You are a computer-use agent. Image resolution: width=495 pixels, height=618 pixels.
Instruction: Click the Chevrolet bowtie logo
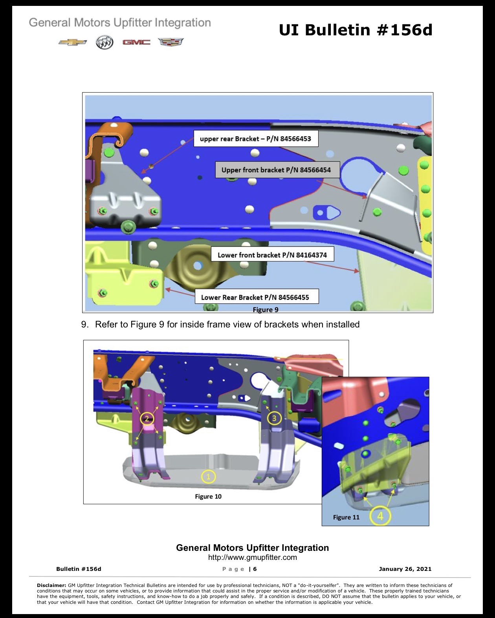click(72, 42)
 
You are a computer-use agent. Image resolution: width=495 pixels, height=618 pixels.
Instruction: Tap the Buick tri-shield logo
click(104, 42)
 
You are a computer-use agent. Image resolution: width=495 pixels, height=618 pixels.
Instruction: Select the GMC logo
click(136, 42)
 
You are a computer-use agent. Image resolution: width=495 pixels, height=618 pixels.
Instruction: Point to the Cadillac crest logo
click(171, 42)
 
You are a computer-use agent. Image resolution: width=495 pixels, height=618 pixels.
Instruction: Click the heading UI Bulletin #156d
click(356, 30)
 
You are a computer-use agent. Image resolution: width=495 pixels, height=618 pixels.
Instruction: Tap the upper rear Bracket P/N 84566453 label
click(256, 139)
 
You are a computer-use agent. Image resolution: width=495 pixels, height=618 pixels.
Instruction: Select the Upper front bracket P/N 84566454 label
click(277, 170)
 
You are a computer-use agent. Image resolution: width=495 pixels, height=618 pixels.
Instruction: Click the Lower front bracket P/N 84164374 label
click(273, 254)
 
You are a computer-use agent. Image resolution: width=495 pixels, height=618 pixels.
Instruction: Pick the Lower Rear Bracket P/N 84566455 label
click(257, 297)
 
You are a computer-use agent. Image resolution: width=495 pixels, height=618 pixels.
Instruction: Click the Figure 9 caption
click(266, 309)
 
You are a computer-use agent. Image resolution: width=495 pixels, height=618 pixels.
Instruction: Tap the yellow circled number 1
click(208, 477)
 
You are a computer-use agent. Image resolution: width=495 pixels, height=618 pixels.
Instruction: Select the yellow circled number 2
click(147, 419)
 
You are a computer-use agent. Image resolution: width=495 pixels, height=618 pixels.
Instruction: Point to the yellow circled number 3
click(274, 418)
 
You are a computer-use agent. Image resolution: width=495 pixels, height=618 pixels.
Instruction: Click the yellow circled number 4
click(380, 516)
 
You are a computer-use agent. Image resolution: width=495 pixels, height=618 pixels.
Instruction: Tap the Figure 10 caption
click(208, 497)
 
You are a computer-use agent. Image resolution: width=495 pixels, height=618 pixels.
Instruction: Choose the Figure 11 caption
click(346, 517)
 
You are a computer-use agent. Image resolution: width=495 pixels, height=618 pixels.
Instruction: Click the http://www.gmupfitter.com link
click(252, 558)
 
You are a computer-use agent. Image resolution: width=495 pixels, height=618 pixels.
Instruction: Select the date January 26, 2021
click(405, 569)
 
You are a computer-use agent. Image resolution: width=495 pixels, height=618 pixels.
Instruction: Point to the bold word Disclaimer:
click(51, 585)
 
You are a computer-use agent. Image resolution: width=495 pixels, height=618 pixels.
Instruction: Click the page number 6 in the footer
click(255, 569)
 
